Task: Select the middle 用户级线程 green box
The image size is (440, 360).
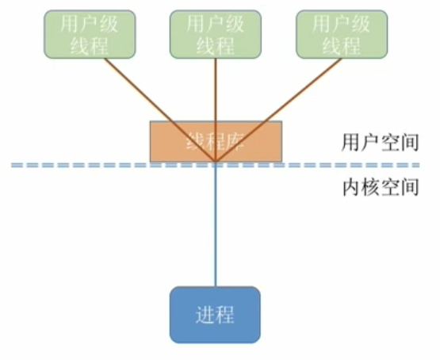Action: pyautogui.click(x=216, y=33)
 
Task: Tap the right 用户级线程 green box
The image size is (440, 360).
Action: pyautogui.click(x=342, y=33)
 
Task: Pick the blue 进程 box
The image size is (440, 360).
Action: pyautogui.click(x=215, y=314)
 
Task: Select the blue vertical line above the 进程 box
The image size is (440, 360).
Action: pyautogui.click(x=216, y=230)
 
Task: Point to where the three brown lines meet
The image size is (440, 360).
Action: pyautogui.click(x=216, y=164)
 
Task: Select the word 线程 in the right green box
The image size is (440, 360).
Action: pyautogui.click(x=342, y=44)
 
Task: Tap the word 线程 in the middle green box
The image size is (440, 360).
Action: pyautogui.click(x=216, y=44)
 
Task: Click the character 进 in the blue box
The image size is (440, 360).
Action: pyautogui.click(x=205, y=314)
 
